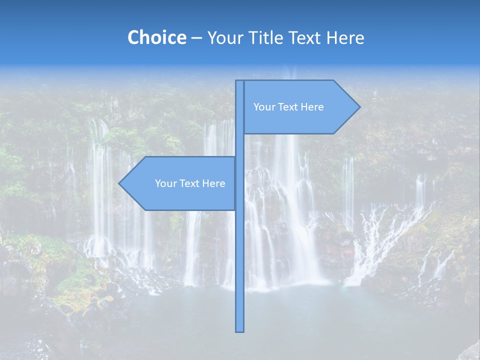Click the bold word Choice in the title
click(156, 37)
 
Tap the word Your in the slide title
click(224, 37)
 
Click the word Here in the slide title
click(345, 37)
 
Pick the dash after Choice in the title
click(196, 38)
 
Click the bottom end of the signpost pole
click(240, 330)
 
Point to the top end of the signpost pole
click(240, 82)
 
